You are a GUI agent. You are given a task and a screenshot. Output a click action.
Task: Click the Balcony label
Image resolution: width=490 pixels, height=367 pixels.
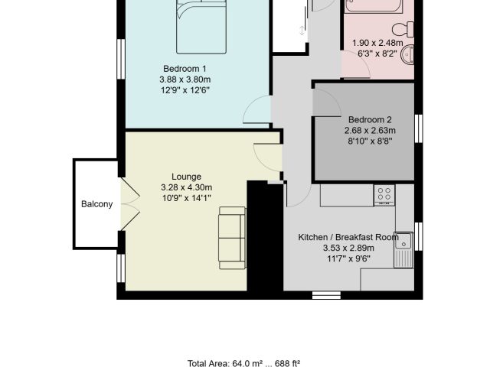(x=97, y=204)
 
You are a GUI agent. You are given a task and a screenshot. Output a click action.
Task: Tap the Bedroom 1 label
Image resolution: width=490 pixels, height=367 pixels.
(x=185, y=69)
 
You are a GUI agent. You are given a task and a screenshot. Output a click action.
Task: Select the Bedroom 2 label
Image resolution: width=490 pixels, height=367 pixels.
(x=370, y=119)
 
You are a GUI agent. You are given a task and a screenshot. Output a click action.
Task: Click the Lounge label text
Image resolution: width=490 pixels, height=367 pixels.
(x=186, y=177)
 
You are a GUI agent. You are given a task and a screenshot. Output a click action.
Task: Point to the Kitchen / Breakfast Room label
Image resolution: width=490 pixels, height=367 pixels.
(x=348, y=237)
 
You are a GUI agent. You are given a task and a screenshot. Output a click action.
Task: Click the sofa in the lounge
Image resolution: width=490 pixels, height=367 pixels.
(x=233, y=238)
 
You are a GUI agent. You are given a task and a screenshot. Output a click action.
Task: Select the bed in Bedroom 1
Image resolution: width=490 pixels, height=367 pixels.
(x=201, y=27)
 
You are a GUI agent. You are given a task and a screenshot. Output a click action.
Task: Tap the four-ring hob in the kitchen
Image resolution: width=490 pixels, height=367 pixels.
(x=384, y=195)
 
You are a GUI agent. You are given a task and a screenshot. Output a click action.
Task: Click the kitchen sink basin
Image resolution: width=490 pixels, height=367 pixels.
(x=403, y=240)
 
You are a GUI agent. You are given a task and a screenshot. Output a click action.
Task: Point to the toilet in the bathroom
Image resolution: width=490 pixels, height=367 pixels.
(x=403, y=30)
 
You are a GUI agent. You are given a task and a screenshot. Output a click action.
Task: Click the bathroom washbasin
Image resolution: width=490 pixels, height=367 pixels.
(x=408, y=54)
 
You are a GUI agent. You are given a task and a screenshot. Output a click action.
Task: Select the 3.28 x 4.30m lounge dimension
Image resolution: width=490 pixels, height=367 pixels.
(x=187, y=187)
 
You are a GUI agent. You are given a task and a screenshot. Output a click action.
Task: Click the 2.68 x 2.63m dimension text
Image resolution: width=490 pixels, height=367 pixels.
(x=370, y=131)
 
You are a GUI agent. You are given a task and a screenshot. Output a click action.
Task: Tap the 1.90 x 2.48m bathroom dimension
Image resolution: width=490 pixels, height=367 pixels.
(x=377, y=43)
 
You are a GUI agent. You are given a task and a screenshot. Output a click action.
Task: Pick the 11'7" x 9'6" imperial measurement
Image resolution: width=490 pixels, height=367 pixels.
(x=348, y=258)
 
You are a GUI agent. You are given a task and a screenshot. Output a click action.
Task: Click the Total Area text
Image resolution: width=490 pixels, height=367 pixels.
(x=243, y=363)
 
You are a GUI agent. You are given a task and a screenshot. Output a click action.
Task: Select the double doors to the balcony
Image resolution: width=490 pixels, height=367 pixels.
(x=129, y=204)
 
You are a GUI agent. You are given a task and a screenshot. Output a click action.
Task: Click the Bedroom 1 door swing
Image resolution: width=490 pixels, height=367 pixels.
(x=257, y=109)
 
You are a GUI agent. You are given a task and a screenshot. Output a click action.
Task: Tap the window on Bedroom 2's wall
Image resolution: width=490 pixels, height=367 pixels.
(x=419, y=128)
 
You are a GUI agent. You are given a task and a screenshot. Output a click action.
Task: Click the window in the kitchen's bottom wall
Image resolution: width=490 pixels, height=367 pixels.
(x=327, y=295)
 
